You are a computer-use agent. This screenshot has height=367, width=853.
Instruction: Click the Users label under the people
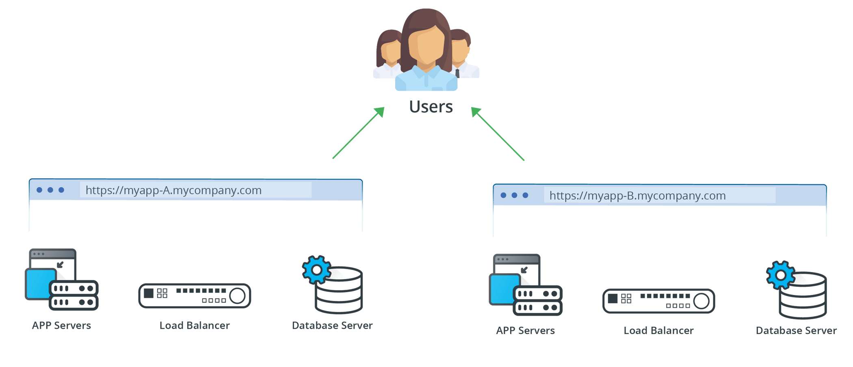pos(431,107)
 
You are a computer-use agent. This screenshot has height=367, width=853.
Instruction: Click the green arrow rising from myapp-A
pos(357,133)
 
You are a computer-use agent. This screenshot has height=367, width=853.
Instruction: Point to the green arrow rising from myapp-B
pos(498,134)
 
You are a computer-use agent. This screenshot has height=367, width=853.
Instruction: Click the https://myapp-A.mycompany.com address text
pos(173,190)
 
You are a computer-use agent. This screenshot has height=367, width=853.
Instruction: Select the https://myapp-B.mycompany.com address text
pos(637,196)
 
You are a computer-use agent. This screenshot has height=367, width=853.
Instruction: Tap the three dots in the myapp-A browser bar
pos(50,190)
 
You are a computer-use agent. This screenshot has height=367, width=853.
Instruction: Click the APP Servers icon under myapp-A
pos(61,280)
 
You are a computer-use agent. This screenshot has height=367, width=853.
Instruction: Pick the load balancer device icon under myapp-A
pos(195,296)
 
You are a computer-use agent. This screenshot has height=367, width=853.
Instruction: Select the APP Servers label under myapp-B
pos(525,330)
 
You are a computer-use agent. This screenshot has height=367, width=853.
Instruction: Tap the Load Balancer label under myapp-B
pos(658,330)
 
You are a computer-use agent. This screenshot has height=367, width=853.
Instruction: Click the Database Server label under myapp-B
pos(796,330)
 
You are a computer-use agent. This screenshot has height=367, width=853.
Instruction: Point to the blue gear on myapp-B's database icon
pos(780,275)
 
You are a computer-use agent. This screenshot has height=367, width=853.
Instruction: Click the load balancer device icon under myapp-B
pos(658,301)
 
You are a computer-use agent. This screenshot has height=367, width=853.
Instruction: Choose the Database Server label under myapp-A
pos(332,325)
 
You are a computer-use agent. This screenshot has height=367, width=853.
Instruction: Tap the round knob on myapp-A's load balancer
pos(238,296)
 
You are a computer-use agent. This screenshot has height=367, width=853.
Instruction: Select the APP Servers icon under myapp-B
pos(525,285)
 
